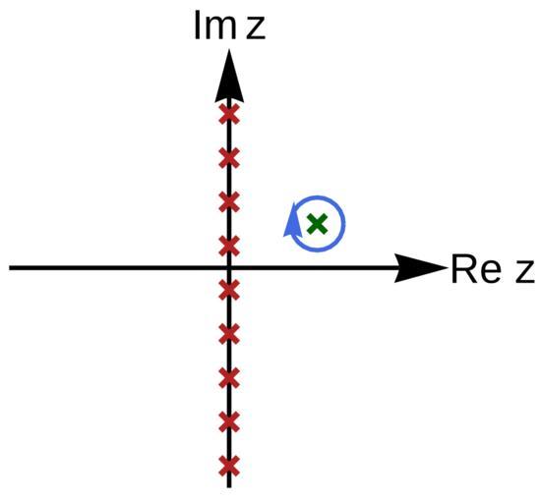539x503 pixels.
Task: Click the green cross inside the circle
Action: (x=317, y=224)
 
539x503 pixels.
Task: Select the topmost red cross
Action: (x=229, y=114)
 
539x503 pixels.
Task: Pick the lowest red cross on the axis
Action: (x=229, y=466)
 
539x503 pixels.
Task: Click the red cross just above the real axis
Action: (x=229, y=247)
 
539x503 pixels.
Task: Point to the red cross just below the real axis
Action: (x=229, y=290)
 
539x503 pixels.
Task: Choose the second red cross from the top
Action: (x=229, y=158)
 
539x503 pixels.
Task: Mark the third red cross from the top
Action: (x=229, y=202)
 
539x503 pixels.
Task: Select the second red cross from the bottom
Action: (x=229, y=422)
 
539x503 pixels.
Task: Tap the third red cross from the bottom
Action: (x=229, y=378)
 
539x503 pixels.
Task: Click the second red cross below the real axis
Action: (x=229, y=334)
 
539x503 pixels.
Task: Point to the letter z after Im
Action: (x=256, y=28)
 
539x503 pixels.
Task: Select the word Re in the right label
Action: (x=476, y=269)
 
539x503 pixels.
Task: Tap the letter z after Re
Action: (x=525, y=273)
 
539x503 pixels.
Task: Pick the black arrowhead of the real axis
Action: (x=420, y=268)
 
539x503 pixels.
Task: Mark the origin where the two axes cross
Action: (x=229, y=268)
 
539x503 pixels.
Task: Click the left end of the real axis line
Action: (x=9, y=268)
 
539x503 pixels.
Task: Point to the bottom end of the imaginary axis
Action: (x=229, y=487)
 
